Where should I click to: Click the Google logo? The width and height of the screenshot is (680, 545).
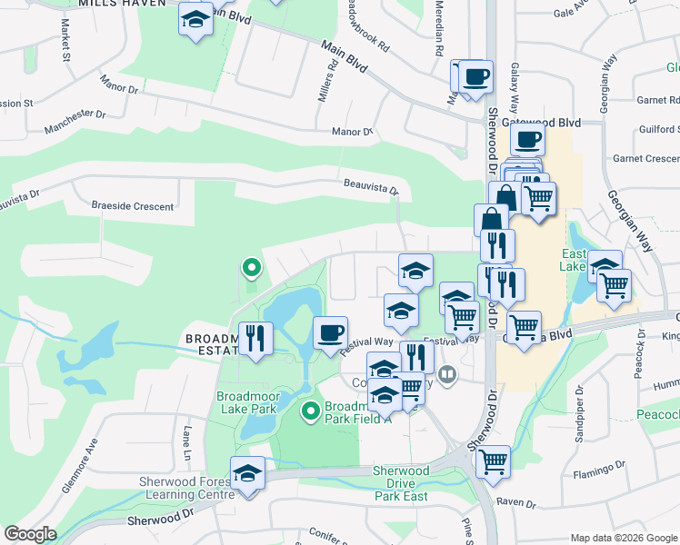31,534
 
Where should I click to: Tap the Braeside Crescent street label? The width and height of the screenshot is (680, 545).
132,206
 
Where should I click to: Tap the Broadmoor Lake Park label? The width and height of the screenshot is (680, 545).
246,403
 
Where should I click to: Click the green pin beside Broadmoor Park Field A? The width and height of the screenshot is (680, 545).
310,412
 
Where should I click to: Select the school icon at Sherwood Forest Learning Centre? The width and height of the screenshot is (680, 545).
246,474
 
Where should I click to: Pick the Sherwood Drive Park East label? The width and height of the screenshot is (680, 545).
401,483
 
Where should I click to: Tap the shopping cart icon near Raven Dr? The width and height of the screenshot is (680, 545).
493,461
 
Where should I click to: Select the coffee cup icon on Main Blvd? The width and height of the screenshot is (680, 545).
475,76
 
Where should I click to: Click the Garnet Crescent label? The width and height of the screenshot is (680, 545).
645,158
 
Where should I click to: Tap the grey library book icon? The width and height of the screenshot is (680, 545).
446,374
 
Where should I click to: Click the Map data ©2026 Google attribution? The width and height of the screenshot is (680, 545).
623,538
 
